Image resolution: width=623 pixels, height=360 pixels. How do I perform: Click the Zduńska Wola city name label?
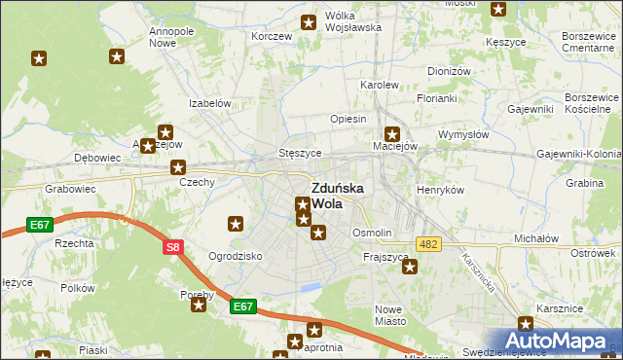(x=338, y=196)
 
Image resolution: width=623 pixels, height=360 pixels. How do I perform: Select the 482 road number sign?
(x=427, y=243)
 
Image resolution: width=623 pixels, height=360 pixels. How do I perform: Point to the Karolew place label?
(x=381, y=85)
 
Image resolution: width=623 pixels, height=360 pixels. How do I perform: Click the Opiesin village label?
(x=348, y=119)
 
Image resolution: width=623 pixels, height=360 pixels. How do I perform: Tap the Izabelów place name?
(x=209, y=103)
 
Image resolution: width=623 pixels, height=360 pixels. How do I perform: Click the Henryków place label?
(x=440, y=190)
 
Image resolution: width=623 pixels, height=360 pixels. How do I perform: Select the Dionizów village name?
(x=449, y=71)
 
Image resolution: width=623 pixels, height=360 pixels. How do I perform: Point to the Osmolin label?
(x=372, y=234)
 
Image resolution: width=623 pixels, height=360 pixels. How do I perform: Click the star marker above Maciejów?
(x=392, y=134)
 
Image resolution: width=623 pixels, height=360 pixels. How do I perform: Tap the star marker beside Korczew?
(x=309, y=22)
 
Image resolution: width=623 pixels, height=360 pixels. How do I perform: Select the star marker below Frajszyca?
(x=410, y=268)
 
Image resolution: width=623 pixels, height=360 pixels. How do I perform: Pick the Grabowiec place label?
(x=66, y=189)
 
